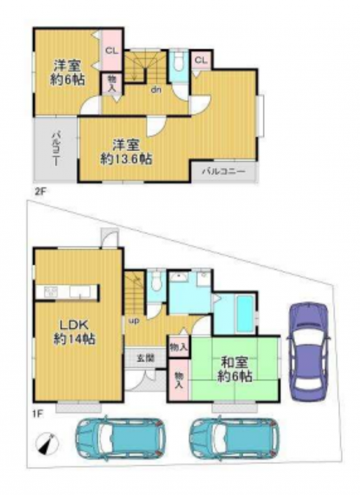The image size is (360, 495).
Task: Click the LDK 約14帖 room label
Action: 74,332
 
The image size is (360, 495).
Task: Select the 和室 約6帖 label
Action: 234,370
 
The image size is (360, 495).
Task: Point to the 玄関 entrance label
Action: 145,358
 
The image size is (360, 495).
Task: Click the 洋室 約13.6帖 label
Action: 126,152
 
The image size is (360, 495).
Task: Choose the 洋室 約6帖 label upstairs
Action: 67,73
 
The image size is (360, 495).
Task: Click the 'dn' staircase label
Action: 156,90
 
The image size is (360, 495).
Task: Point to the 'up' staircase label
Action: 133,321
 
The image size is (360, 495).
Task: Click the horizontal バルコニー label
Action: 224,172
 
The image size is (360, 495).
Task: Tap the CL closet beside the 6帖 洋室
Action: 112,51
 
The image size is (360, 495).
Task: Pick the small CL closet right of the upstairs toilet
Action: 201,60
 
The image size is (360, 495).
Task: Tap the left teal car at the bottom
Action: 120,438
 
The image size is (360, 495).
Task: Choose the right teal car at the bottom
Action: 234,438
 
